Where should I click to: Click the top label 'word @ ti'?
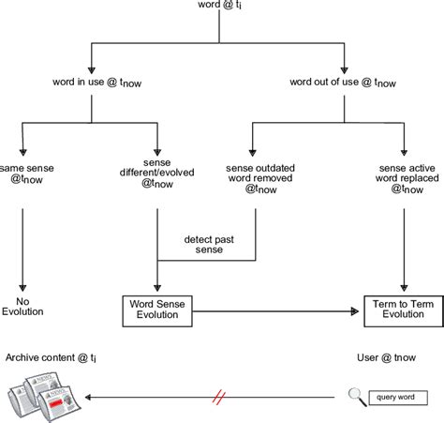pos(221,8)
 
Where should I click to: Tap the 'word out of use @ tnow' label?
pos(343,83)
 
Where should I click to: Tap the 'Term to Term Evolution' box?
pos(403,310)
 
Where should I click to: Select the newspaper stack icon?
pos(42,396)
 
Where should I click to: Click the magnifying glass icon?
pos(355,396)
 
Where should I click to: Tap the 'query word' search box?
pos(398,397)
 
